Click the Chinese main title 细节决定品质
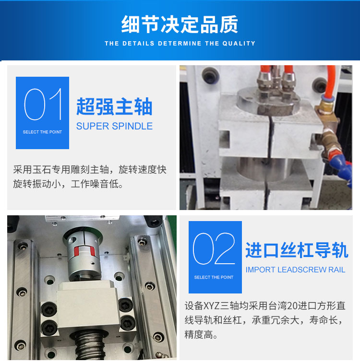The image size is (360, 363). point(180,24)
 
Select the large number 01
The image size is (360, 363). point(43,104)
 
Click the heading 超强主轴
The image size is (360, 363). point(114,106)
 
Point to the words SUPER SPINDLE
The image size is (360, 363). point(114,126)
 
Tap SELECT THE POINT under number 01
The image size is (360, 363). point(42,132)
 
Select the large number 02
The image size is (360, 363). point(214,249)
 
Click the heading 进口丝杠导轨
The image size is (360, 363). point(297,250)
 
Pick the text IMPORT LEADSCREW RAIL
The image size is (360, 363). point(295,269)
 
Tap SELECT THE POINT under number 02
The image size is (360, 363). point(214,277)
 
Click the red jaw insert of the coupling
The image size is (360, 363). point(84,251)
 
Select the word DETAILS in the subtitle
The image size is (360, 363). point(138,44)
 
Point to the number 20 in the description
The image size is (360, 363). point(292,306)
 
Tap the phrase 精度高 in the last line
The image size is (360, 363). point(199,335)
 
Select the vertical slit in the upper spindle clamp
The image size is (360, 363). point(270,137)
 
